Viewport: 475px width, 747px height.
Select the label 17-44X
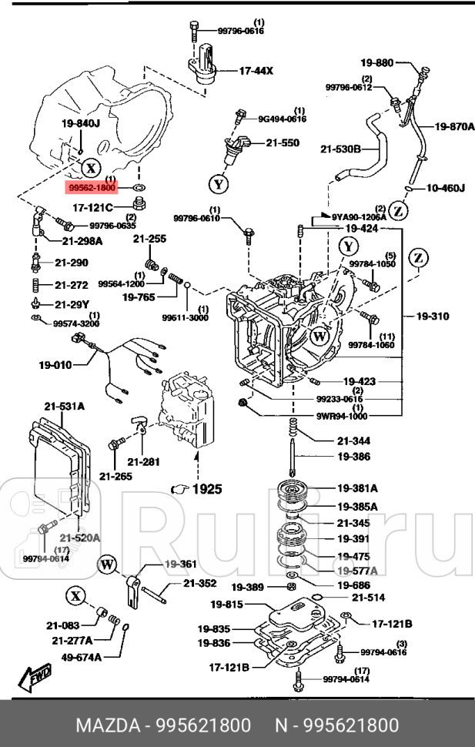[x=256, y=70]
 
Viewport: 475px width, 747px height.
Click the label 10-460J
[x=446, y=187]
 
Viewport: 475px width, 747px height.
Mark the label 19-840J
[x=81, y=123]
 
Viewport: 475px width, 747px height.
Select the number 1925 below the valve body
[x=206, y=489]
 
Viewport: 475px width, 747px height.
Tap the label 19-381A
[x=356, y=488]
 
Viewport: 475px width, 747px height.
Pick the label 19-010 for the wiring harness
[x=56, y=365]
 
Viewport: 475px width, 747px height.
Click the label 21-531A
[x=64, y=406]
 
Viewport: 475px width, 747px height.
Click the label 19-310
[x=433, y=316]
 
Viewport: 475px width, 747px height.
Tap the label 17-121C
[x=92, y=207]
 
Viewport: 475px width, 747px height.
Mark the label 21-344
[x=353, y=440]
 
